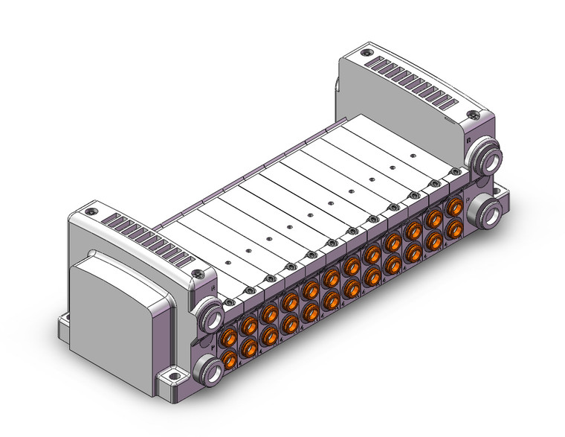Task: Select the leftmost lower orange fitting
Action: pos(230,360)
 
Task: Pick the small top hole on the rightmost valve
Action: pos(413,156)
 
